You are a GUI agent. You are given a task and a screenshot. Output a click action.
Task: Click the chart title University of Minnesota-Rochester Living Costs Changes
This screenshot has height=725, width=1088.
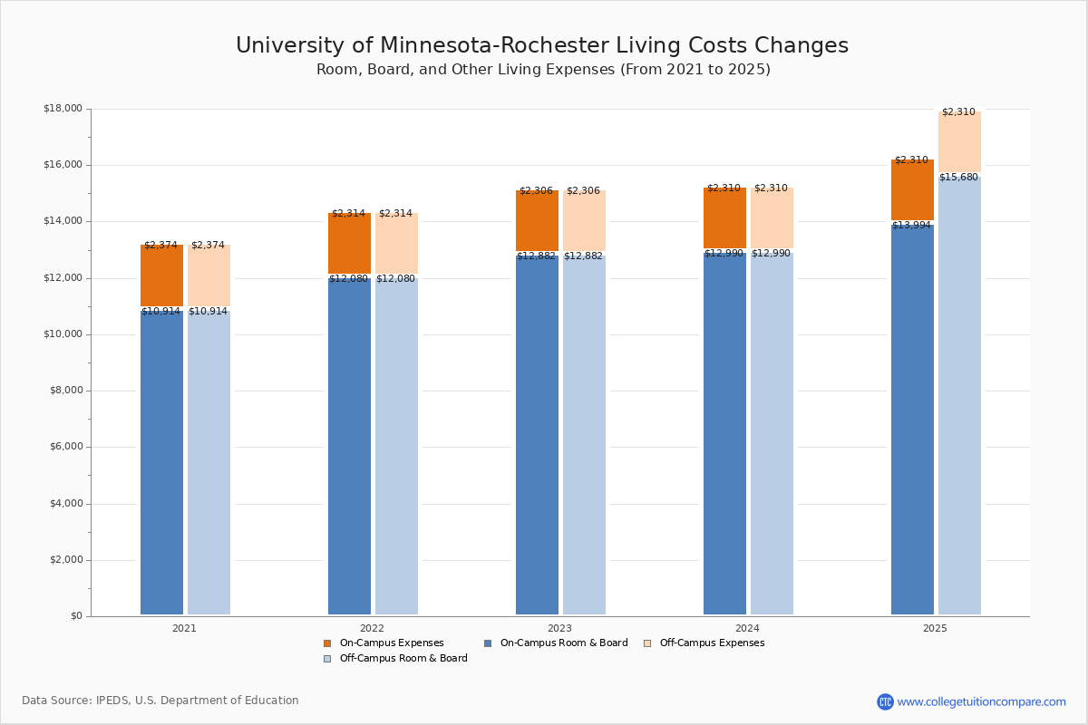[542, 46]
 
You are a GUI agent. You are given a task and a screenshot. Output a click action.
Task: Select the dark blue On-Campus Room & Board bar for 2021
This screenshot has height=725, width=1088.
[161, 462]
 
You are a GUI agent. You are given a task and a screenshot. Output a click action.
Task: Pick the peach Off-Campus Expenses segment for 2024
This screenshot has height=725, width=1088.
[772, 220]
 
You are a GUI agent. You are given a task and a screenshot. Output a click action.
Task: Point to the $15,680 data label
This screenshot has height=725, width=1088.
[958, 178]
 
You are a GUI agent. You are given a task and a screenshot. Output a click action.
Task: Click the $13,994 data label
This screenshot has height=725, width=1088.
[911, 226]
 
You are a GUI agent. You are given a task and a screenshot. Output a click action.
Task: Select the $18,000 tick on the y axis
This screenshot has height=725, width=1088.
[63, 109]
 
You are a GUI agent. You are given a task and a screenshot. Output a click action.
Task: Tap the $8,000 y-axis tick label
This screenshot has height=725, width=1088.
[65, 391]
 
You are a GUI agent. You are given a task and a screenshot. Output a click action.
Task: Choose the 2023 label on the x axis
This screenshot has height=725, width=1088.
[559, 628]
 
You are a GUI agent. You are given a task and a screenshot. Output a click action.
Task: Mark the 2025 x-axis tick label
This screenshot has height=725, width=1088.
[935, 628]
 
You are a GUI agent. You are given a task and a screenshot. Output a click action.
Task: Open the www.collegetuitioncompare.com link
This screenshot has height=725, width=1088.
[981, 701]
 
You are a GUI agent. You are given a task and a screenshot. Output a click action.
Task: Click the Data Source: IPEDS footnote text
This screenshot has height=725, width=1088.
[160, 701]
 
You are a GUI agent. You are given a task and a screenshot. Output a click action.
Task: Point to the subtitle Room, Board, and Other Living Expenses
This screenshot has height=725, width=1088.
[542, 70]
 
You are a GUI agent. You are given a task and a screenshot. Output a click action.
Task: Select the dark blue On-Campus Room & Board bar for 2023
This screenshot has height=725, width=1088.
[537, 435]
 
